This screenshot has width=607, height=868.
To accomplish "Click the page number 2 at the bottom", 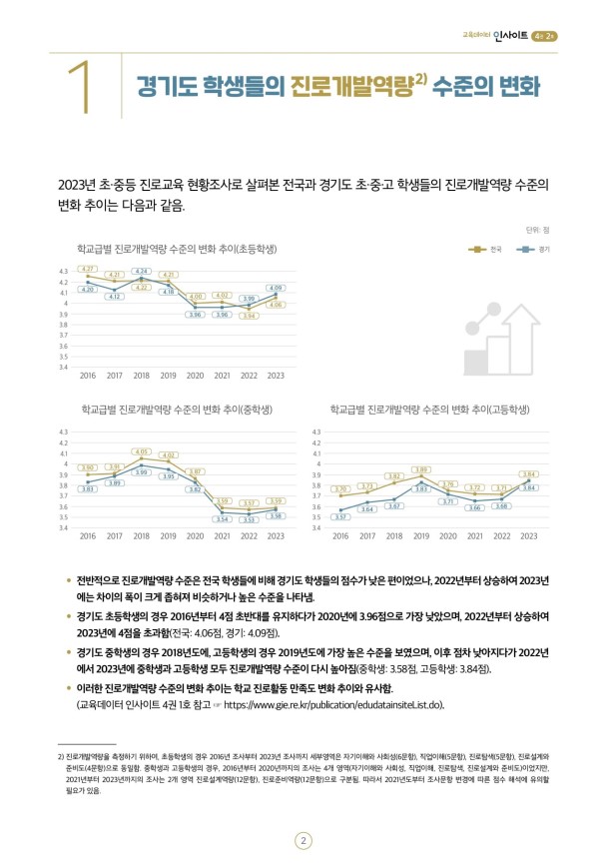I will pyautogui.click(x=303, y=813).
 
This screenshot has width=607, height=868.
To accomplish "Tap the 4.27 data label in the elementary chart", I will pyautogui.click(x=88, y=269).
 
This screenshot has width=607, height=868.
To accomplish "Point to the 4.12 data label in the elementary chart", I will pyautogui.click(x=115, y=297).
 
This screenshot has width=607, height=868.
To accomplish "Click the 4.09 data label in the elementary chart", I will pyautogui.click(x=277, y=288).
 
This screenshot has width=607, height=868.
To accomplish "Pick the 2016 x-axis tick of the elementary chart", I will pyautogui.click(x=87, y=376).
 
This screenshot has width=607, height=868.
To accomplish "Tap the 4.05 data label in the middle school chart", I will pyautogui.click(x=142, y=451).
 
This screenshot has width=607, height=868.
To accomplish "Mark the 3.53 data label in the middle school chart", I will pyautogui.click(x=250, y=519).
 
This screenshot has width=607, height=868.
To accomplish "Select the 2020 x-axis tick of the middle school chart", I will pyautogui.click(x=196, y=536).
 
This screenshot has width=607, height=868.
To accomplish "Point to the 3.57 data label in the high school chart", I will pyautogui.click(x=341, y=517).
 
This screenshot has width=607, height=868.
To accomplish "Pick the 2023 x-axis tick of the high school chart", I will pyautogui.click(x=529, y=536).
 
